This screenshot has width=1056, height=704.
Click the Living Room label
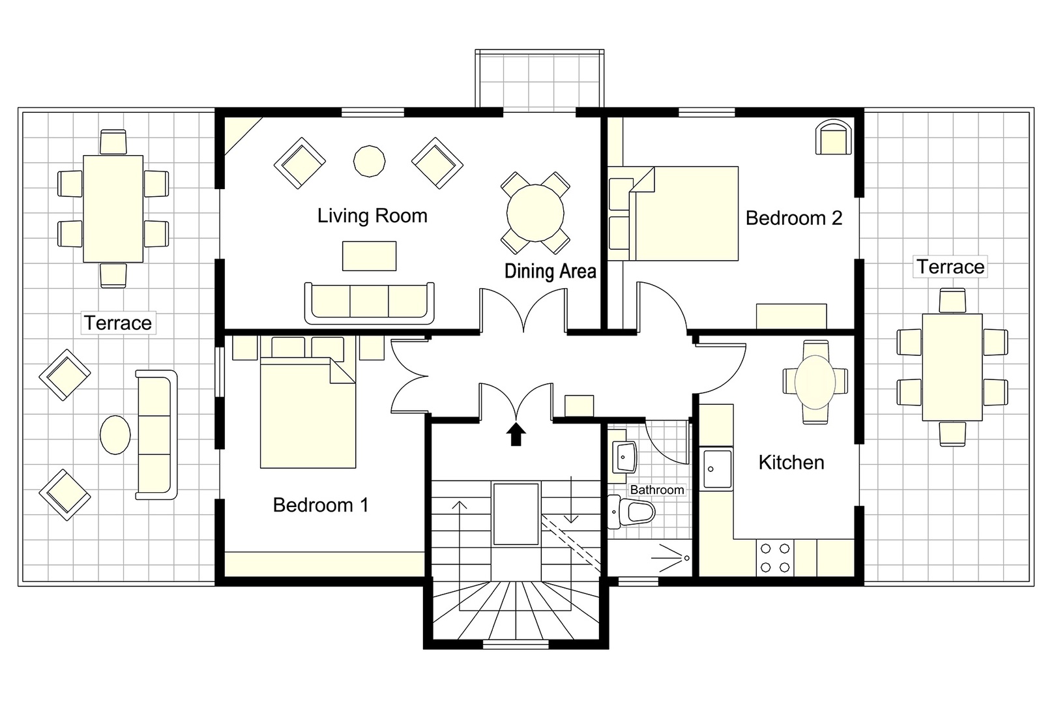tap(372, 216)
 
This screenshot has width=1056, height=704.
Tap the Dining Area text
tap(550, 271)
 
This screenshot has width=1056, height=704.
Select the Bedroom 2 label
tap(793, 218)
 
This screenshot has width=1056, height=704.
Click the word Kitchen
tap(791, 462)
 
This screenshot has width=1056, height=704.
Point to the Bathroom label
tap(656, 490)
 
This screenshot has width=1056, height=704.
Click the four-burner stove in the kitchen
tap(775, 558)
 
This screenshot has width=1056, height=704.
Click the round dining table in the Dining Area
tap(535, 213)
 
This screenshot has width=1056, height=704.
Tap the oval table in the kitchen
tap(815, 381)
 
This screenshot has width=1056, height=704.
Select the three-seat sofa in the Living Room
tap(369, 302)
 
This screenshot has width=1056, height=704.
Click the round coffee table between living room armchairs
tap(369, 160)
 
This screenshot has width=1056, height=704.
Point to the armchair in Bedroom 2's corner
tap(834, 138)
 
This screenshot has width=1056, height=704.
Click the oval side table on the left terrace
tap(115, 434)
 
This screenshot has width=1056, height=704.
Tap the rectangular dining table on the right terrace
tap(952, 367)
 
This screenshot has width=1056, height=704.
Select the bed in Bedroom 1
tap(308, 415)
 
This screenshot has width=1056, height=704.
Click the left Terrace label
tap(117, 323)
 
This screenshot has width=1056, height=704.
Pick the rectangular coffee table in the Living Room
tap(369, 256)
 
